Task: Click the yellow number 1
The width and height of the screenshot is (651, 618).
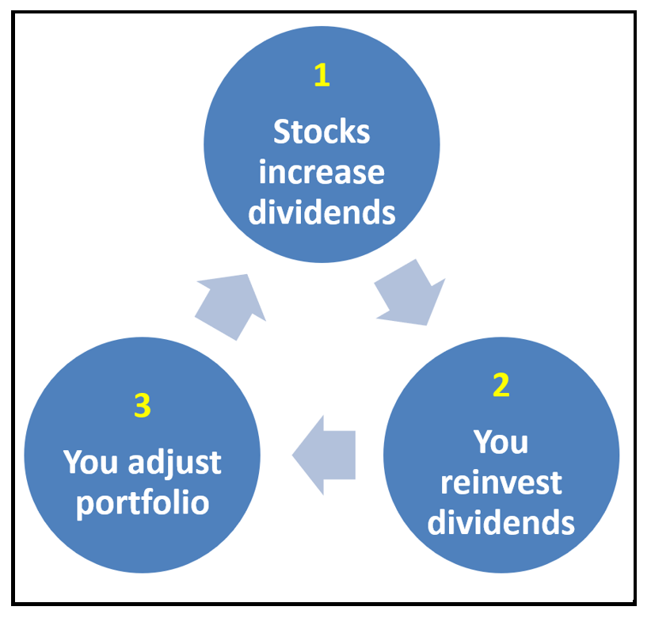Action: (322, 74)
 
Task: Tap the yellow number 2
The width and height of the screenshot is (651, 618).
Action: (501, 385)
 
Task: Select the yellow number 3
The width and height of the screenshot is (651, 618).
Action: (143, 406)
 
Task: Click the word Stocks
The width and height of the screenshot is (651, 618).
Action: (322, 132)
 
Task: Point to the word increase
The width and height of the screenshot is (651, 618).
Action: (322, 173)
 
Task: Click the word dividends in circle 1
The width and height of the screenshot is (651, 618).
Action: (322, 212)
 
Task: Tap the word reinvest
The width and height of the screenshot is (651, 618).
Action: (501, 483)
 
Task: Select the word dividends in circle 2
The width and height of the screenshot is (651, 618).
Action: (501, 522)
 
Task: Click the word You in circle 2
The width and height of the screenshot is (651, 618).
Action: (501, 442)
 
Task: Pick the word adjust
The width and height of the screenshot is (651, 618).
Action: (175, 463)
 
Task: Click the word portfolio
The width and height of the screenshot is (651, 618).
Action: (143, 503)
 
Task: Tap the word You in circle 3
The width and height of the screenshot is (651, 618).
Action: (90, 462)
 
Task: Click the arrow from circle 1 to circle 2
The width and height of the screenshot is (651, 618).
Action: (409, 293)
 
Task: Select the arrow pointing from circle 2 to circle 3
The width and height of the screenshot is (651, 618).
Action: (324, 456)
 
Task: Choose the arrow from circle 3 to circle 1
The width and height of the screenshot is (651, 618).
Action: (230, 307)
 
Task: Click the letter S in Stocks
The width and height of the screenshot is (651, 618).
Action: (281, 132)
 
